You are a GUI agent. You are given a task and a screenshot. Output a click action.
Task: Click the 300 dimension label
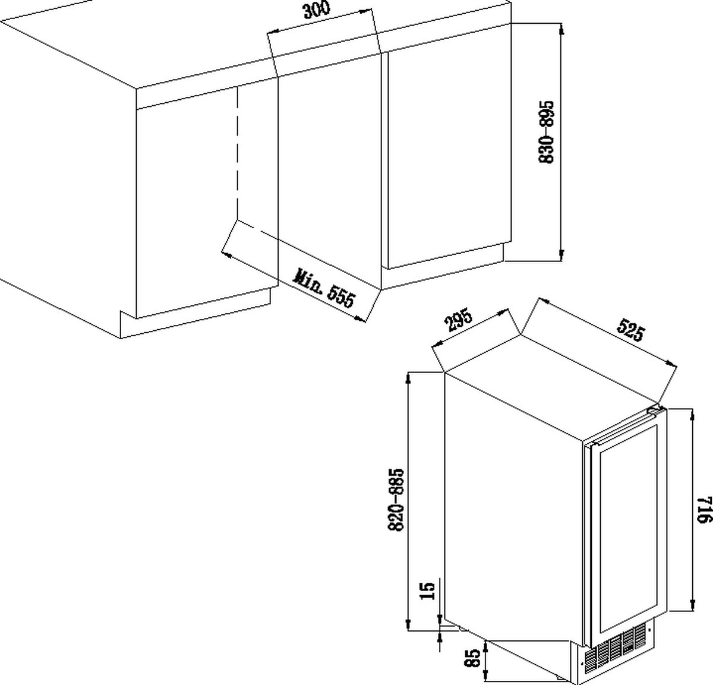click(x=317, y=10)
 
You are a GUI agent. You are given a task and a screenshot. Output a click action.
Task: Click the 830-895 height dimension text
click(x=546, y=132)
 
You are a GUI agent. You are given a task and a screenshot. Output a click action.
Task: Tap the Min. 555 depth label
click(x=324, y=288)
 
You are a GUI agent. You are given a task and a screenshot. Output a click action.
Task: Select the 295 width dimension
click(x=459, y=320)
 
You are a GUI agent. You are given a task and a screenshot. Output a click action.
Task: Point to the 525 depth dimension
click(x=630, y=330)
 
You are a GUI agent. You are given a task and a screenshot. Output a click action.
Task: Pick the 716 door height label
click(x=703, y=510)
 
